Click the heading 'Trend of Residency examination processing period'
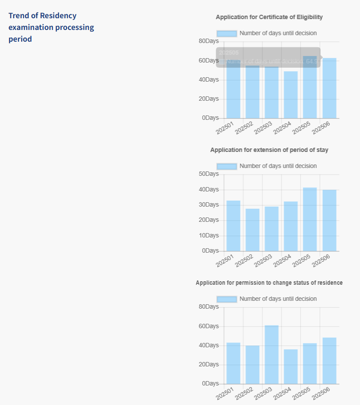point(51,27)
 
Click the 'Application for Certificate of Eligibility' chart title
point(269,17)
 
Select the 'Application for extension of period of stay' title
point(269,150)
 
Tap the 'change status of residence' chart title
point(269,283)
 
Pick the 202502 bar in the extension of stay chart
point(252,230)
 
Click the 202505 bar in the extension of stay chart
point(310,219)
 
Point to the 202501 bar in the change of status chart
point(233,363)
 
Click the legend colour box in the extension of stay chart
point(227,166)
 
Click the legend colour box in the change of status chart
point(227,299)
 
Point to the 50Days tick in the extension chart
point(208,174)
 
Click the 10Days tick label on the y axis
point(208,236)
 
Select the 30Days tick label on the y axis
point(208,205)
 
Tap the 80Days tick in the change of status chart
point(208,307)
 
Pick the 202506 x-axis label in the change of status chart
point(321,394)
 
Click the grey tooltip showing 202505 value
point(268,57)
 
